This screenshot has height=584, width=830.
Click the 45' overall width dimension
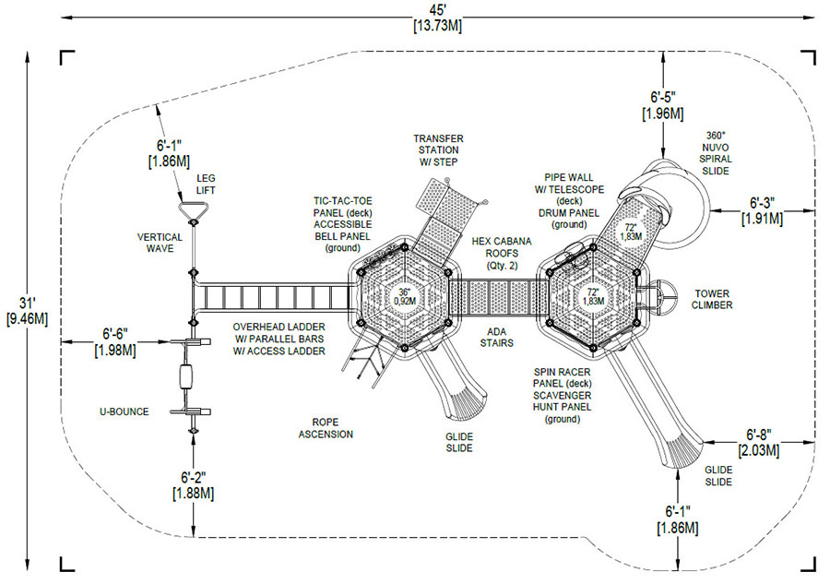pos(437,18)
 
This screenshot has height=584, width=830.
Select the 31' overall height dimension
pos(27,311)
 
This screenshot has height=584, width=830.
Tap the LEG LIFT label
pos(206,184)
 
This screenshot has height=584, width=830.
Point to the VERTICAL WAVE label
pos(160,243)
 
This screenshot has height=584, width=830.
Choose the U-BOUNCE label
pos(125,411)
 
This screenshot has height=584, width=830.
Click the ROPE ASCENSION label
pos(326,428)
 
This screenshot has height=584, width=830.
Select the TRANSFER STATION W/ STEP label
pos(438,149)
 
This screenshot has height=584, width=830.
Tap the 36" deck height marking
pos(405,296)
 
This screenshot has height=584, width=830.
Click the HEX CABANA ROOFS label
pos(502,253)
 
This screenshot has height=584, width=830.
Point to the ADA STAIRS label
pos(496,338)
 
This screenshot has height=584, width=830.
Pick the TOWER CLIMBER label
pos(712,299)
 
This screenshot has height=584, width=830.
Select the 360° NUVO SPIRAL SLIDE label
pos(715,153)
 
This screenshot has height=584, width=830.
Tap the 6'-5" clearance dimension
pos(663,105)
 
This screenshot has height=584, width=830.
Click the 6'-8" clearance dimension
pos(759,442)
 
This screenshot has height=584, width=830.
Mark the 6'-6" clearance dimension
pos(115,341)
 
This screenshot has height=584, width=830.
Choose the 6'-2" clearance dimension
pos(194,485)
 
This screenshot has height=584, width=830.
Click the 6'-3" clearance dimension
pos(762,210)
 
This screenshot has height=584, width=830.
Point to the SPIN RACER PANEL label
pos(562,377)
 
